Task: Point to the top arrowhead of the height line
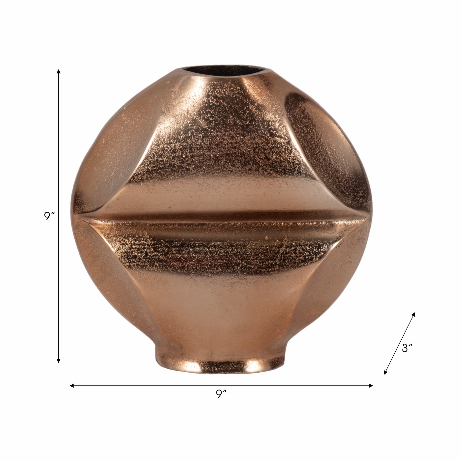59,71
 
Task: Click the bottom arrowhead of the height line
59,360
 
